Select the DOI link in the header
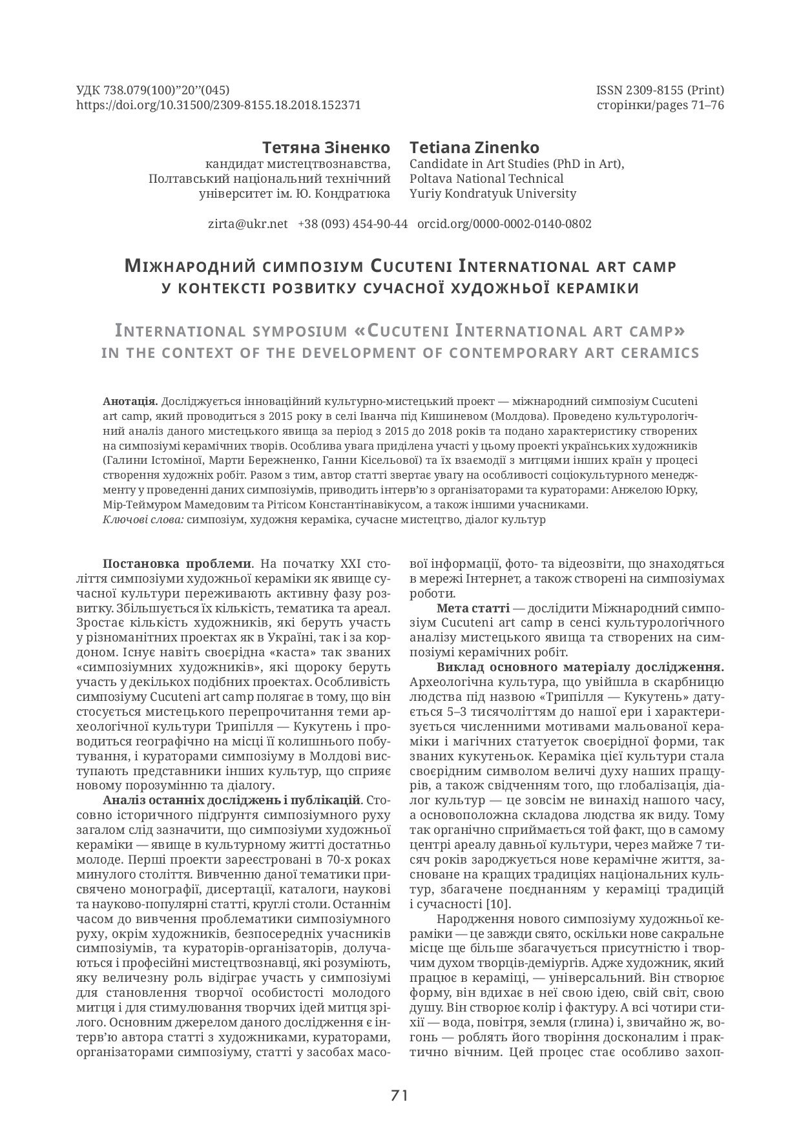[218, 105]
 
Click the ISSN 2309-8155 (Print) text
[660, 90]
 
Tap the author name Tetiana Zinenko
[474, 147]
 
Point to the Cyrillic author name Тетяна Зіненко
[326, 147]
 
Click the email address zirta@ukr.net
[247, 224]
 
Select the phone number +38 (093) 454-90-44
[353, 224]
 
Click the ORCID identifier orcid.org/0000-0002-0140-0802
[504, 224]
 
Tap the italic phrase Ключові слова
[143, 520]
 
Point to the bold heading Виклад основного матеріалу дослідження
[580, 667]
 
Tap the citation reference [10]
[499, 904]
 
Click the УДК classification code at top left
[153, 90]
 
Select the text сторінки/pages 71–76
[660, 105]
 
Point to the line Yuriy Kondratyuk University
[492, 194]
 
